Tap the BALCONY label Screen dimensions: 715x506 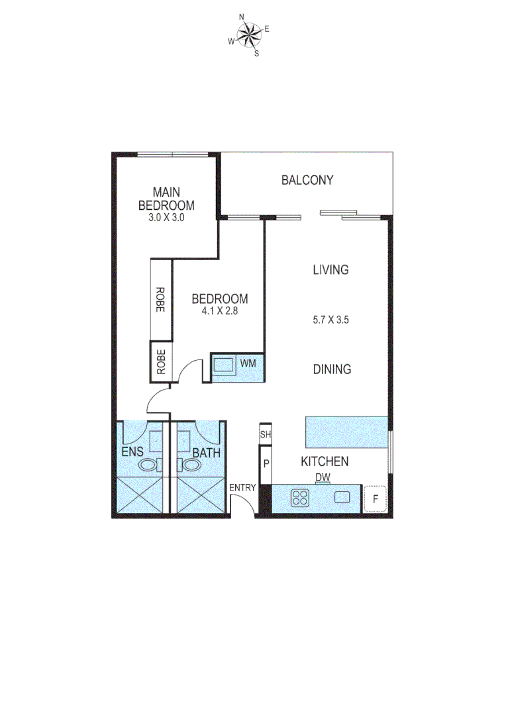tap(307, 180)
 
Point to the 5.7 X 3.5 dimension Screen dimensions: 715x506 tap(330, 319)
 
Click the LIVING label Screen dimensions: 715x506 tap(330, 269)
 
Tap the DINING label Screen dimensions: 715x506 tap(332, 369)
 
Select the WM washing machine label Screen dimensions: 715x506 tap(248, 363)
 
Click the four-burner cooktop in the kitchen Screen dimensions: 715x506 tap(300, 497)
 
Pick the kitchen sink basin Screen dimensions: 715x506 tap(342, 497)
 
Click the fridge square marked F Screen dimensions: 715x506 tap(376, 500)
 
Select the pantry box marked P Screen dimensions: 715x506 tap(266, 463)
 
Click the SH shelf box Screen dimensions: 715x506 tap(266, 434)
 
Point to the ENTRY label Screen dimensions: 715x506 tap(242, 488)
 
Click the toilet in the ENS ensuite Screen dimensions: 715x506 tap(148, 465)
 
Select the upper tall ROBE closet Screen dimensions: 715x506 tap(160, 299)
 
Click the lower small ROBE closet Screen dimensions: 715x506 tap(160, 361)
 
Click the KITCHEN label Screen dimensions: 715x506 tap(325, 461)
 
